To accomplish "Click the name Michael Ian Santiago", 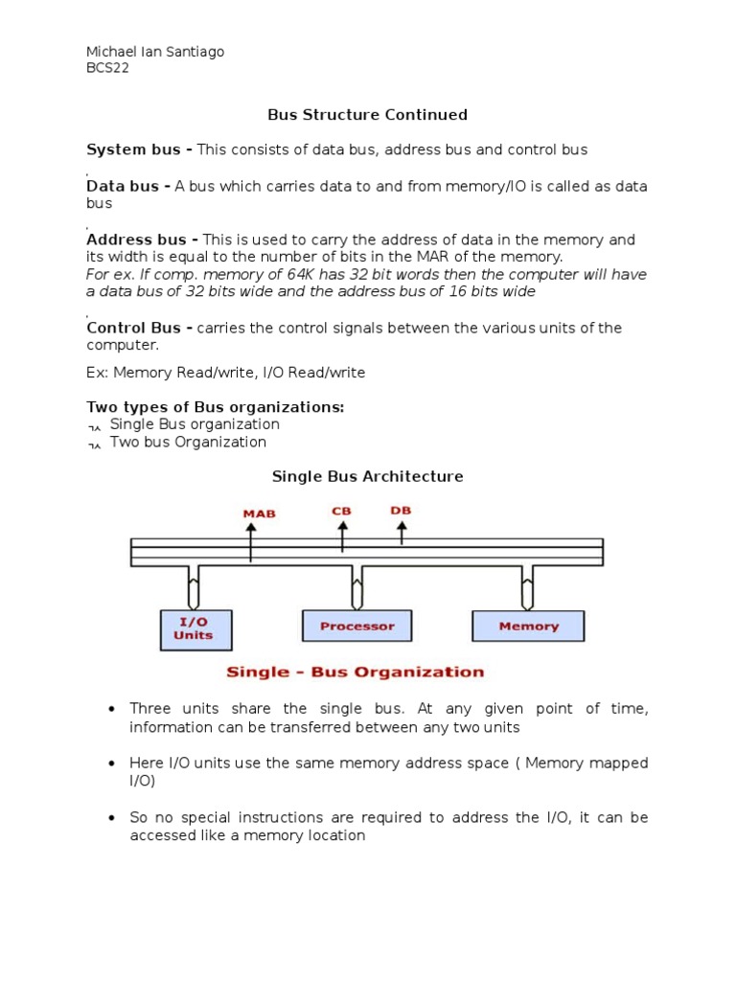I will click(155, 52).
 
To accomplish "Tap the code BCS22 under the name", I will click(107, 68).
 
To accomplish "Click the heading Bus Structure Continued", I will click(367, 115).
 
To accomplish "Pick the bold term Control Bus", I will click(139, 328).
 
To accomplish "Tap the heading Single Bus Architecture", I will click(367, 476).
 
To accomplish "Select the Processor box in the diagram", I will click(356, 626).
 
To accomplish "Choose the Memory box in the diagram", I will click(528, 626).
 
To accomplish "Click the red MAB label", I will click(259, 513).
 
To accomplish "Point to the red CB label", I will click(341, 511).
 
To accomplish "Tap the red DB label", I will click(401, 511).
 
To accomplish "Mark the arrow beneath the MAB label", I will click(251, 540).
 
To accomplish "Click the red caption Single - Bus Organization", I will click(355, 672).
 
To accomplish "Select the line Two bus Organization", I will click(188, 442).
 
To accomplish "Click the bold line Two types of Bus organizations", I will click(215, 407).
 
